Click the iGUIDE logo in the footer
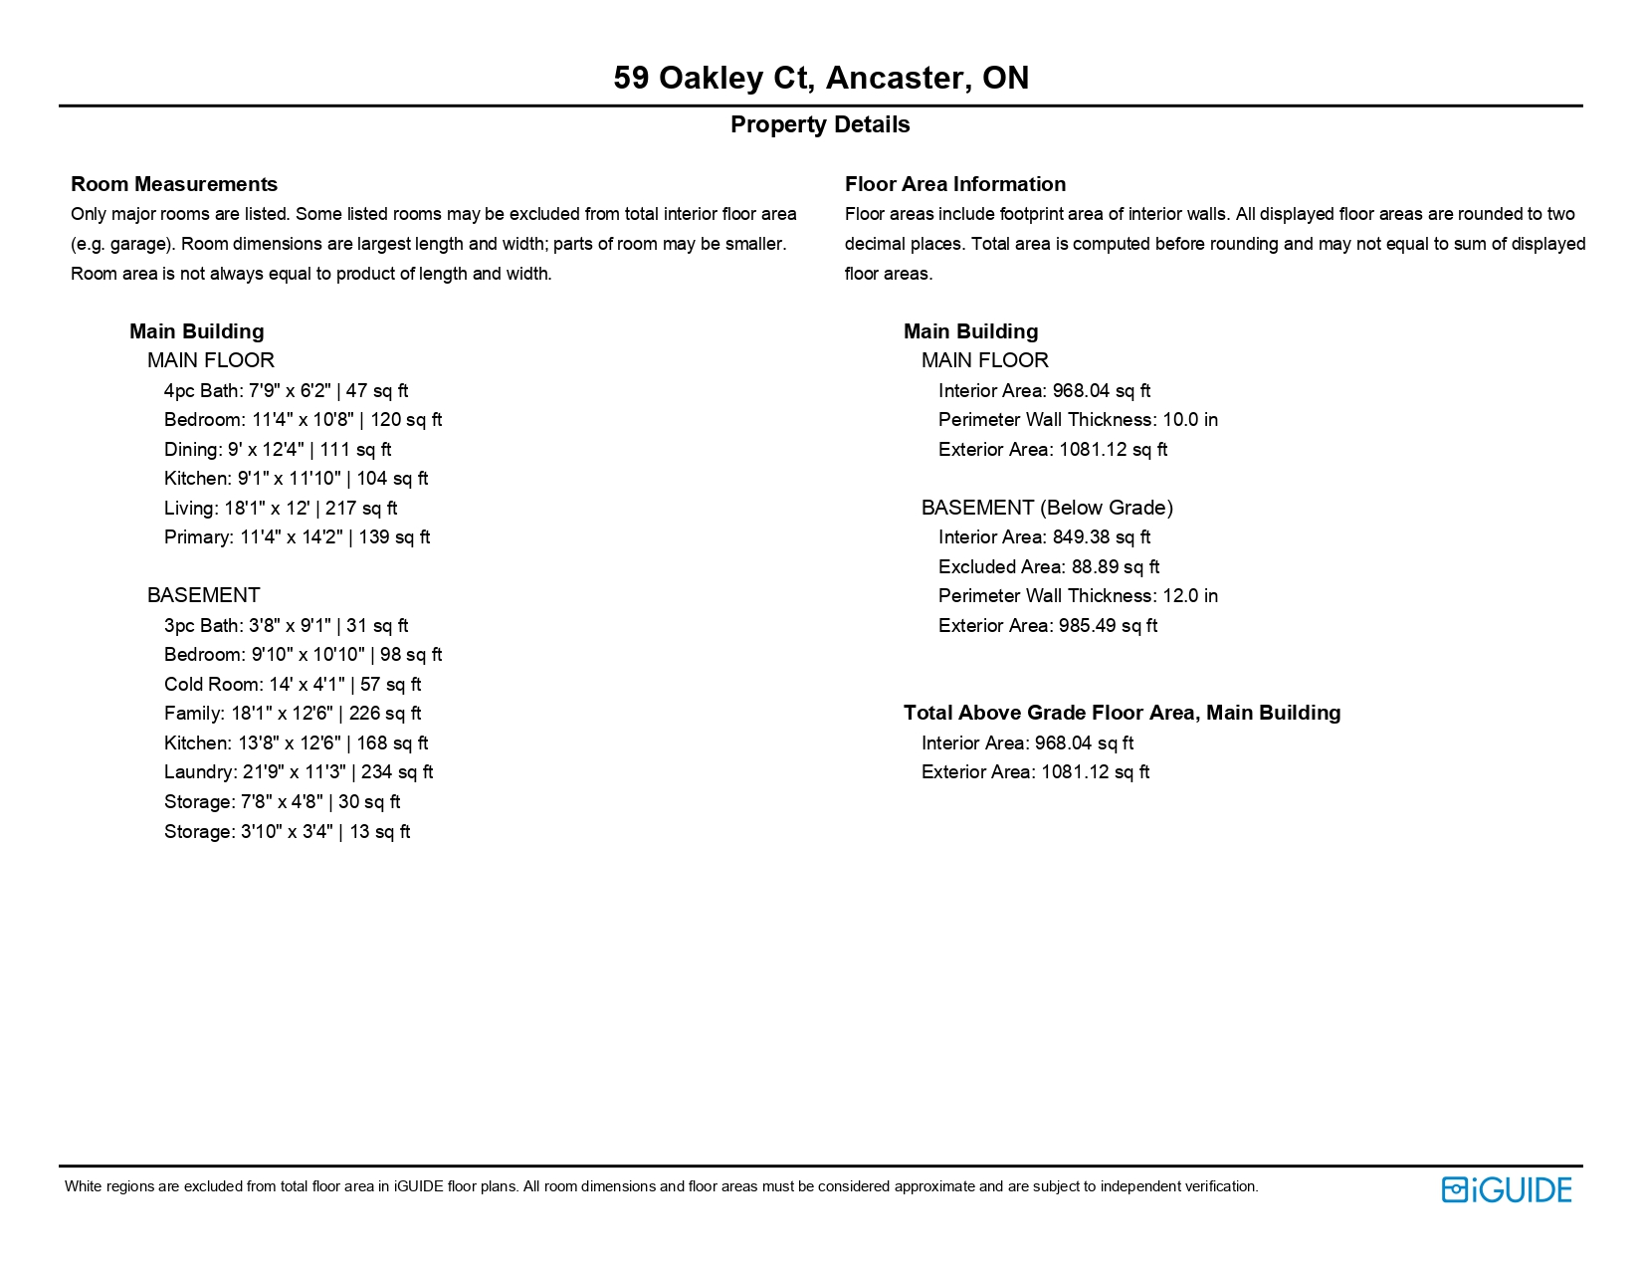pos(1506,1189)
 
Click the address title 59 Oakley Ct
pos(821,78)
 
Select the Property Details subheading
pos(820,124)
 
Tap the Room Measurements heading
pos(174,184)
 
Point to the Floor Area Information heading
pos(954,184)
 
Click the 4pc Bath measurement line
pos(286,390)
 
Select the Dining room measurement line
pos(278,449)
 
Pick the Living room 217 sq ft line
pos(281,508)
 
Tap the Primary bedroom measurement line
pos(297,536)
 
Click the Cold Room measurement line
pos(293,684)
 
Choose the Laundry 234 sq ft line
pos(299,771)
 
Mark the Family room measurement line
pos(293,713)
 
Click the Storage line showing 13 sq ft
pos(287,831)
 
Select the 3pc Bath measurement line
pos(286,625)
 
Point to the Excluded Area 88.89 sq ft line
pos(1049,566)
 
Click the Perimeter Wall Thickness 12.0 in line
pos(1078,595)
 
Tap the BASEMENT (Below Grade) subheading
pos(1047,508)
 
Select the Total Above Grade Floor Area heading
pos(1122,713)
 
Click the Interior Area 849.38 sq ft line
pos(1044,536)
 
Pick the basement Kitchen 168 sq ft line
pos(296,742)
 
